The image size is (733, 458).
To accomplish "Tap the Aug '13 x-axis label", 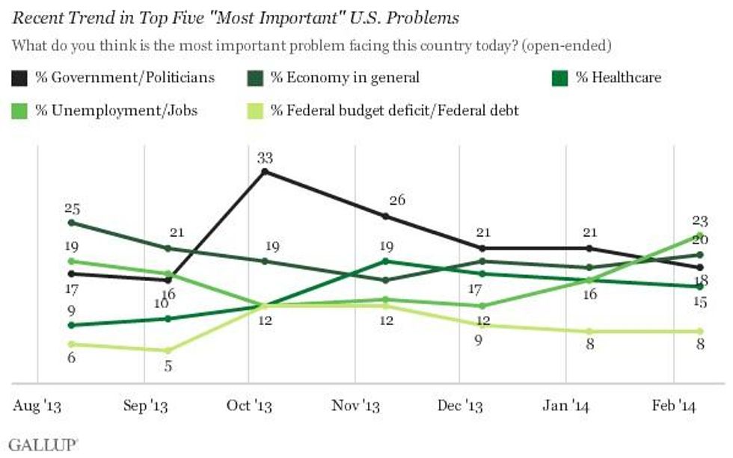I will (x=37, y=406).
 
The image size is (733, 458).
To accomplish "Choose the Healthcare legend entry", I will (x=618, y=77).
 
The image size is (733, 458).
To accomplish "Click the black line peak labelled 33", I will (x=264, y=171).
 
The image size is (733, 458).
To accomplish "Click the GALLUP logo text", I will (x=42, y=444).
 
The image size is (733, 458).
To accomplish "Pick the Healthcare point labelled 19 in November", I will (x=385, y=261).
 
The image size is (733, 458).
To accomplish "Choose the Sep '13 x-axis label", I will (x=144, y=406).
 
